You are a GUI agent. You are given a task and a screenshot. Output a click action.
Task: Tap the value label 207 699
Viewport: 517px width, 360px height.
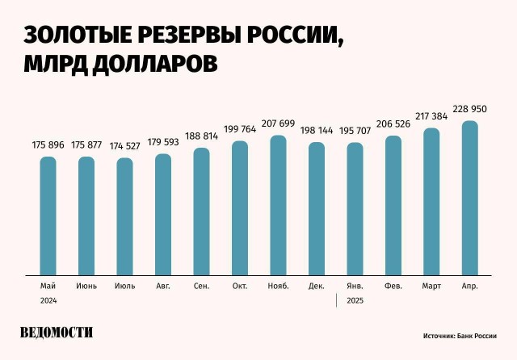coord(278,123)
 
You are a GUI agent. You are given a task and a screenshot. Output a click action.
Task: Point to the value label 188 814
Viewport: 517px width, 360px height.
coord(201,136)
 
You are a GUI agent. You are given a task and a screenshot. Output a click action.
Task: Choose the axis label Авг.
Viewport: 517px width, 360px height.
coord(163,287)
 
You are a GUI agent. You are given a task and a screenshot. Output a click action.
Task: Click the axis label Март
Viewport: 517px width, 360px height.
coord(431,287)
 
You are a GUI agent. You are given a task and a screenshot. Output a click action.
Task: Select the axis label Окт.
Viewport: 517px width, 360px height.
coord(240,287)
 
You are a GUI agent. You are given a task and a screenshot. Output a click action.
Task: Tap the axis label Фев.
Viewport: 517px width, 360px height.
coord(393,287)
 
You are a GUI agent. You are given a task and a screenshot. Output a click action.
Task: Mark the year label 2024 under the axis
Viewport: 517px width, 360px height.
coord(48,300)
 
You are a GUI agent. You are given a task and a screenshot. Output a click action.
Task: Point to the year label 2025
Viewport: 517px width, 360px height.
coord(355,300)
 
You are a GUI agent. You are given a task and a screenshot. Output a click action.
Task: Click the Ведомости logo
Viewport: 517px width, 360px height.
coord(57,333)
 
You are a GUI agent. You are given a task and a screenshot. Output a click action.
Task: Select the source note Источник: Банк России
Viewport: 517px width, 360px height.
coord(459,335)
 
